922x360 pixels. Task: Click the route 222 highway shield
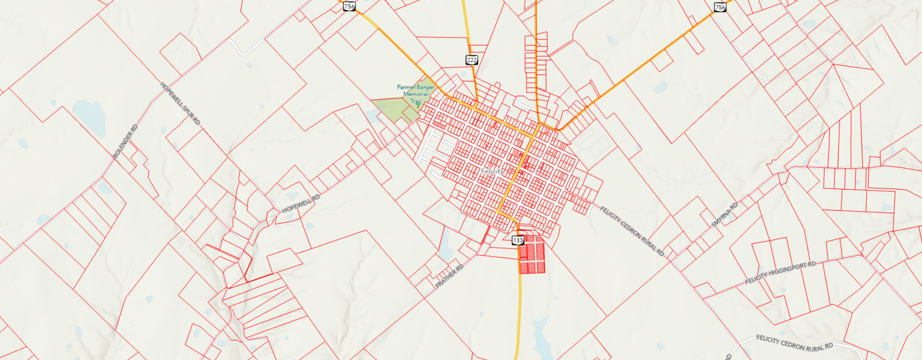point(471,60)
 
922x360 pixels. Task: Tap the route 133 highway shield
point(518,240)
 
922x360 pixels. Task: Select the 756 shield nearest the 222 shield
point(349,6)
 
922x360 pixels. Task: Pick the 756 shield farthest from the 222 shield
point(720,7)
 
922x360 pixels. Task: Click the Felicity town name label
point(492,171)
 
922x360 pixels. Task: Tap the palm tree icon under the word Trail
point(418,105)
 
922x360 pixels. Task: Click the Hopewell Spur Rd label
point(180,103)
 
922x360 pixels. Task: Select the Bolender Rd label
point(125,141)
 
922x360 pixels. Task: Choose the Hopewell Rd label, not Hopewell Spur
point(301,204)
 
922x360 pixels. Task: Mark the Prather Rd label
point(449,276)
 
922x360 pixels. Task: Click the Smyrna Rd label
point(724,215)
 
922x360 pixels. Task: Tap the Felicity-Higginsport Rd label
point(780,273)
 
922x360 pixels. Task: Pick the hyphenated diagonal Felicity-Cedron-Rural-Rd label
point(632,231)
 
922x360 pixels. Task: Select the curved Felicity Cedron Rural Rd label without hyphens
point(794,343)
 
